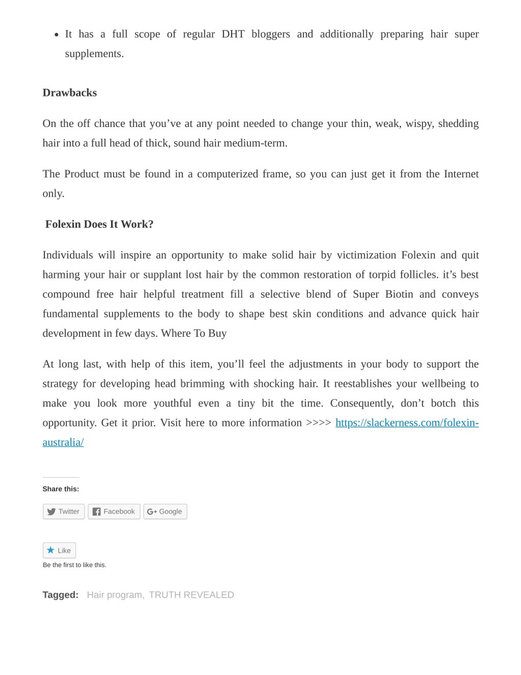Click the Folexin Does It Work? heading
click(x=99, y=224)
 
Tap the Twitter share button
click(x=63, y=512)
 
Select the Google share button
click(x=165, y=512)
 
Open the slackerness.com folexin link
click(x=407, y=423)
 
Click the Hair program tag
click(x=115, y=595)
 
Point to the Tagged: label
click(x=60, y=595)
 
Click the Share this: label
click(x=61, y=489)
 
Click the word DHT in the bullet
click(x=233, y=34)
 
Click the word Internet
click(x=461, y=174)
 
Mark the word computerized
click(x=228, y=174)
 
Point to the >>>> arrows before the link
click(x=318, y=423)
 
